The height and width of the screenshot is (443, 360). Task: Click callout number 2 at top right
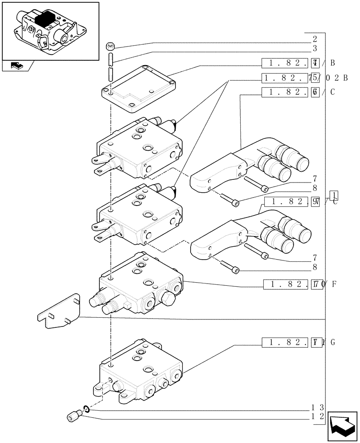pos(314,39)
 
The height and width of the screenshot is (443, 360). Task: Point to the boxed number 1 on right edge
pos(334,195)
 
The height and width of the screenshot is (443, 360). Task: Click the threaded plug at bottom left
pos(74,416)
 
